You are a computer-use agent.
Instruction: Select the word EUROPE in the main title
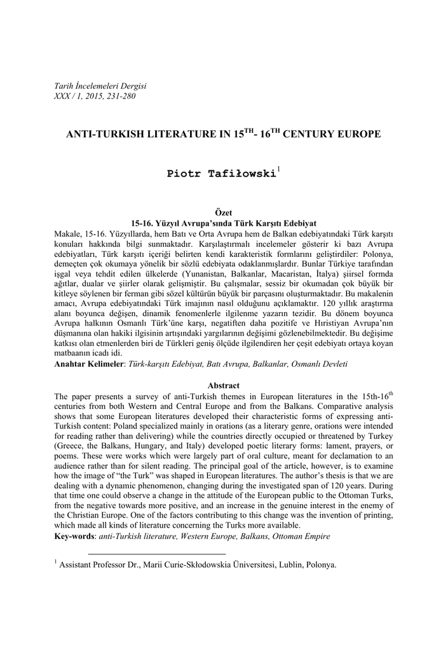[356, 135]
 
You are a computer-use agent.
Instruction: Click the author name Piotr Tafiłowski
[221, 174]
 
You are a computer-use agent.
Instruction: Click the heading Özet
[224, 213]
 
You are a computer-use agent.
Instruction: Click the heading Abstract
[224, 385]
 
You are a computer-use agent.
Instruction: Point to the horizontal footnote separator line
[156, 554]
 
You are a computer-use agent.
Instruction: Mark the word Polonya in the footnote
[322, 565]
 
